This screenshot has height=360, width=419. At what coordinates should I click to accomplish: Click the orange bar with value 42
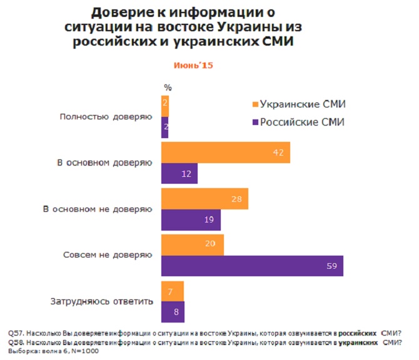tap(225, 152)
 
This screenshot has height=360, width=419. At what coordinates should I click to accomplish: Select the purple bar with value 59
tap(251, 266)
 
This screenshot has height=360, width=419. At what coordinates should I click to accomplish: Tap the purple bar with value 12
tap(179, 173)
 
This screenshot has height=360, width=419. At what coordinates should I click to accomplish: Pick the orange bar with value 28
tap(204, 198)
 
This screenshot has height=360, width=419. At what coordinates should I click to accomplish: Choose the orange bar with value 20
tap(193, 245)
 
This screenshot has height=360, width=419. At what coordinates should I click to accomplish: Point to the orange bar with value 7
tap(173, 291)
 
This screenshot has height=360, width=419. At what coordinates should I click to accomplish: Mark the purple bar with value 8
tap(173, 311)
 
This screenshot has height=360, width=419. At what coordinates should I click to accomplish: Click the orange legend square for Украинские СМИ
tap(254, 104)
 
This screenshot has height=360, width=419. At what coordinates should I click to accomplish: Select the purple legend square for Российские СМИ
tap(254, 122)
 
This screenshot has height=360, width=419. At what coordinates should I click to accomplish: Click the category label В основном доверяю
tap(101, 163)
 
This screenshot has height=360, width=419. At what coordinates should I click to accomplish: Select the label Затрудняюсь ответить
tap(101, 302)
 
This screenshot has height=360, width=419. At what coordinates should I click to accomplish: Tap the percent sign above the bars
tap(167, 87)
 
